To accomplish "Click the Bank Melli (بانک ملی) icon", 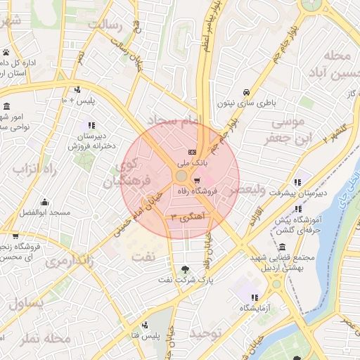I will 191,153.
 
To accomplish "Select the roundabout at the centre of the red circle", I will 181,175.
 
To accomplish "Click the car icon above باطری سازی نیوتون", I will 246,92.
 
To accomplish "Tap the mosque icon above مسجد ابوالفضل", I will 44,202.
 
